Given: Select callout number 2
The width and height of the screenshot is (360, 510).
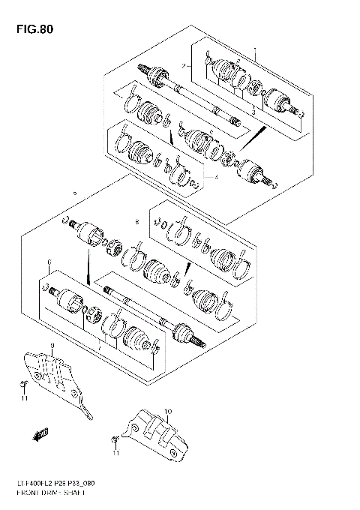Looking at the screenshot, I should (x=181, y=66).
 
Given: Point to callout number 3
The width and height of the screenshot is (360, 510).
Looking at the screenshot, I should (x=253, y=111).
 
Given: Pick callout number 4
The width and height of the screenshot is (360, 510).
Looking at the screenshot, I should (x=216, y=177).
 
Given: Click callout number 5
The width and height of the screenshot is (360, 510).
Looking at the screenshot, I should (x=74, y=193).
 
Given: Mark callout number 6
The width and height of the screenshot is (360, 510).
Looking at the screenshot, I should (x=49, y=263).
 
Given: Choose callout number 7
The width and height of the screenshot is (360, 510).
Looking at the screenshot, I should (x=97, y=349).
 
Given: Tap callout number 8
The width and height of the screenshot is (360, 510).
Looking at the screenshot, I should (x=137, y=222).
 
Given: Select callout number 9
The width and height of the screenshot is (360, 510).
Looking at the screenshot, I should (x=52, y=345).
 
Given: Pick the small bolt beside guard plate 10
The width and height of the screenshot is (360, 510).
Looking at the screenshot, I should (x=115, y=436).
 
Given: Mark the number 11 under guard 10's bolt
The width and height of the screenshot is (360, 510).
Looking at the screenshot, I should (x=115, y=454).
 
